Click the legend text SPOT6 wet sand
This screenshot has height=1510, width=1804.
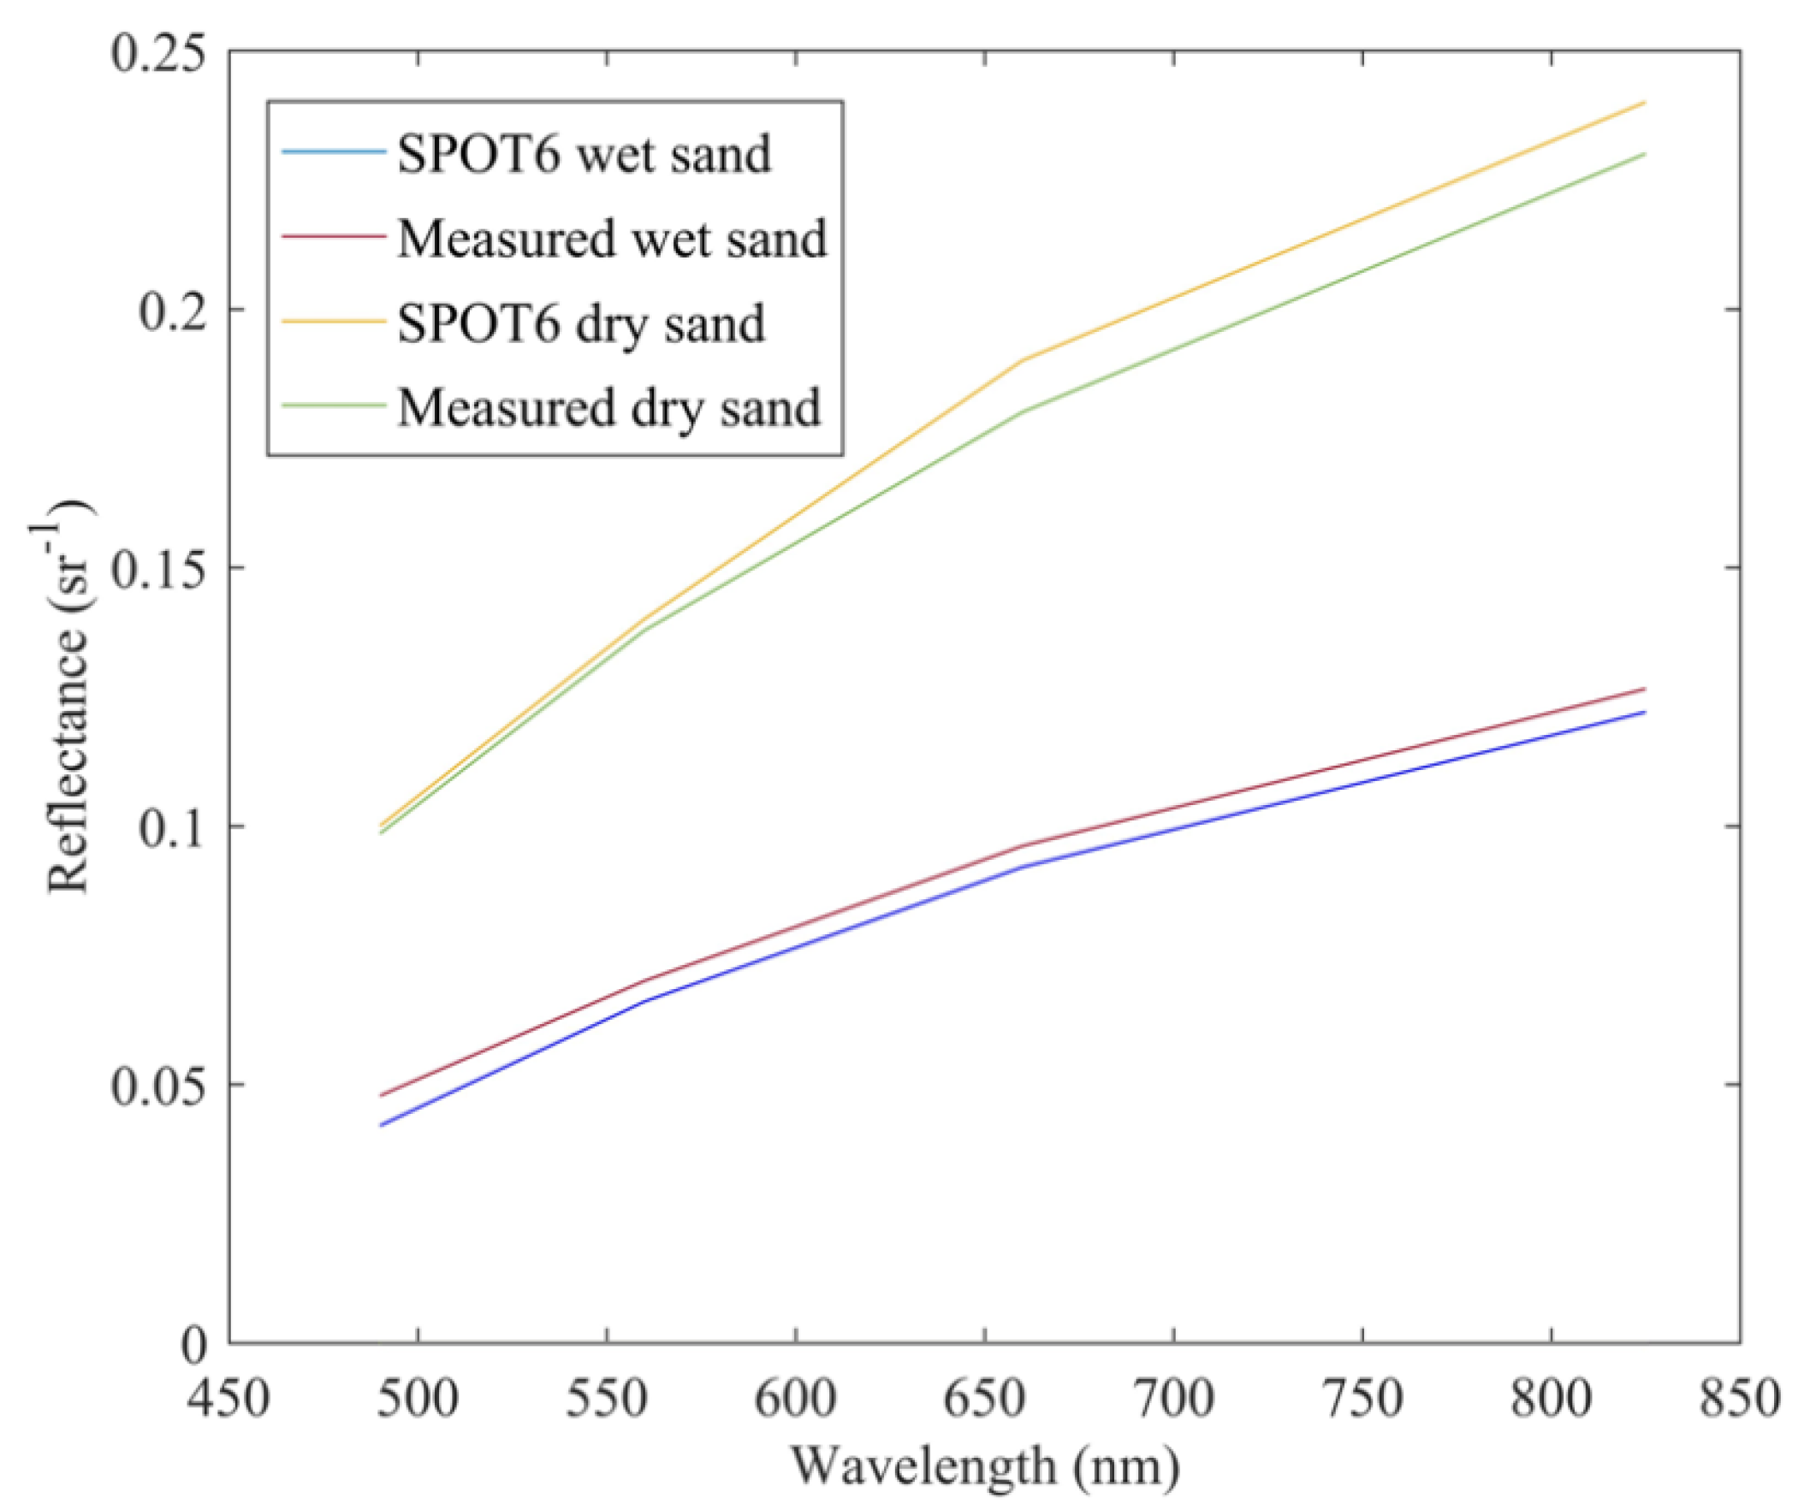coord(584,155)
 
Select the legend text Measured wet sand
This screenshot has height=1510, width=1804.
coord(611,239)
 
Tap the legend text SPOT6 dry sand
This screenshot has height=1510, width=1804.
coord(580,324)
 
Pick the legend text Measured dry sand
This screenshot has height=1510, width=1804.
coord(608,407)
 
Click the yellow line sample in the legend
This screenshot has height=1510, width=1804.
coord(332,321)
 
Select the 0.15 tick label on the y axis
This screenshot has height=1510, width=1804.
coord(160,568)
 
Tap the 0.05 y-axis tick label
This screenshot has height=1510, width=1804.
coord(160,1085)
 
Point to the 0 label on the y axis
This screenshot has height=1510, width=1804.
coord(194,1344)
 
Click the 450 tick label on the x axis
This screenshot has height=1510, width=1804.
coord(228,1398)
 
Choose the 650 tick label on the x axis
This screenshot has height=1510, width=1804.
coord(984,1398)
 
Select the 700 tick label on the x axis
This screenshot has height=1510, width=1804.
coord(1173,1398)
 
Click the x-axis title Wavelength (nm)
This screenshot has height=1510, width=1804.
coord(984,1467)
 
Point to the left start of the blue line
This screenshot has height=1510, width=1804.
coord(380,1125)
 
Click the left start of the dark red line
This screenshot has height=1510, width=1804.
coord(380,1096)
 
